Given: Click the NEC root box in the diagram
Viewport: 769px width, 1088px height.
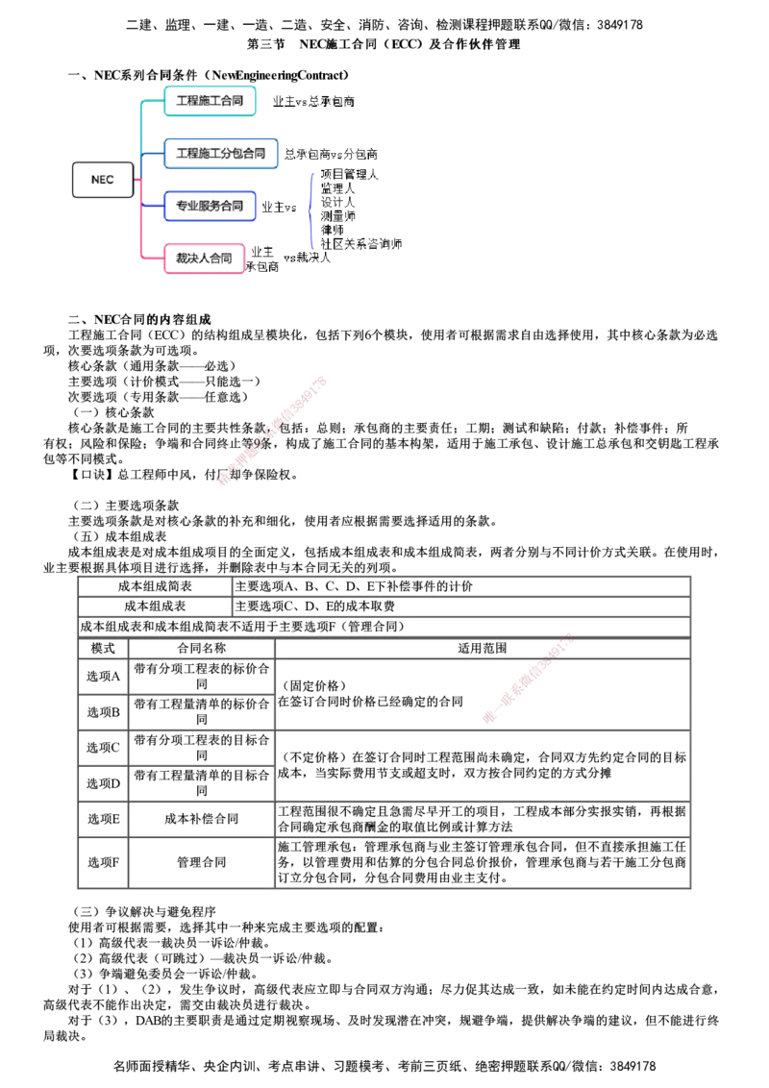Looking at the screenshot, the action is [x=103, y=180].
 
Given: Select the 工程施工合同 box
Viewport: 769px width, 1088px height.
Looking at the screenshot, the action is [x=210, y=101].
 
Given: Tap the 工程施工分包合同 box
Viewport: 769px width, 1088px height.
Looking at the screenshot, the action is [x=221, y=154].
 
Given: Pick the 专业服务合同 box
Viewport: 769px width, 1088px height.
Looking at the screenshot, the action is [x=210, y=206].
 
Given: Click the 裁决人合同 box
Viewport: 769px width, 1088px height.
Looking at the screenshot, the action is [x=204, y=259].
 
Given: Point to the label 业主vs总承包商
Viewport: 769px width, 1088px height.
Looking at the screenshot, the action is [x=313, y=101].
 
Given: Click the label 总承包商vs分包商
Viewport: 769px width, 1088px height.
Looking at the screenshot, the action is [x=331, y=154].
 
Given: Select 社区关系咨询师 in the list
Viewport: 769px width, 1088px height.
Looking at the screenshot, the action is [x=360, y=243].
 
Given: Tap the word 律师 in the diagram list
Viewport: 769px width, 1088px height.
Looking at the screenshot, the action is [x=332, y=230].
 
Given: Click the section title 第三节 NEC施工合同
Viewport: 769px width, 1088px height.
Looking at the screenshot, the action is [x=384, y=44].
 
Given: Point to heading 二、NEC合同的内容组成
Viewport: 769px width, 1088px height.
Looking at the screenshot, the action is [x=139, y=320].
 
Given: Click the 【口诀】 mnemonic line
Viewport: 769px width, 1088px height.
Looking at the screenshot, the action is [x=184, y=476].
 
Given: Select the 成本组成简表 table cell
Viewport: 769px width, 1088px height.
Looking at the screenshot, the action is [x=155, y=586].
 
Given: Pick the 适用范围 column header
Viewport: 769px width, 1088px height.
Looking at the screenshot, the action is [x=483, y=648].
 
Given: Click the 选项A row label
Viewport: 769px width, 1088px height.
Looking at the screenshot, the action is [x=104, y=677].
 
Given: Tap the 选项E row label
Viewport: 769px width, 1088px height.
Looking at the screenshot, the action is [x=104, y=820].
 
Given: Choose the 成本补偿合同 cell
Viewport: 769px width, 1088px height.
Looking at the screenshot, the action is [x=201, y=820].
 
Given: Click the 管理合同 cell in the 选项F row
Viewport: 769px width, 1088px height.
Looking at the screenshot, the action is [x=201, y=862].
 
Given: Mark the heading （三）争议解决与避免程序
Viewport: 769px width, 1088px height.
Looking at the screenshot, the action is [x=143, y=912].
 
